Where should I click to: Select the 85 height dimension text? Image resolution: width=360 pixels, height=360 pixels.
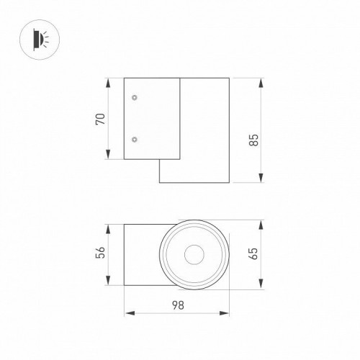[x=254, y=139]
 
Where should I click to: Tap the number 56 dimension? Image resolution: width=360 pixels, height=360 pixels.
[x=102, y=253]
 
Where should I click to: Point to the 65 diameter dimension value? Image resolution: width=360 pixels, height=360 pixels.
[x=254, y=254]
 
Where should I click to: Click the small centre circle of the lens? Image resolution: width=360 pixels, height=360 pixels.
[x=193, y=254]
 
